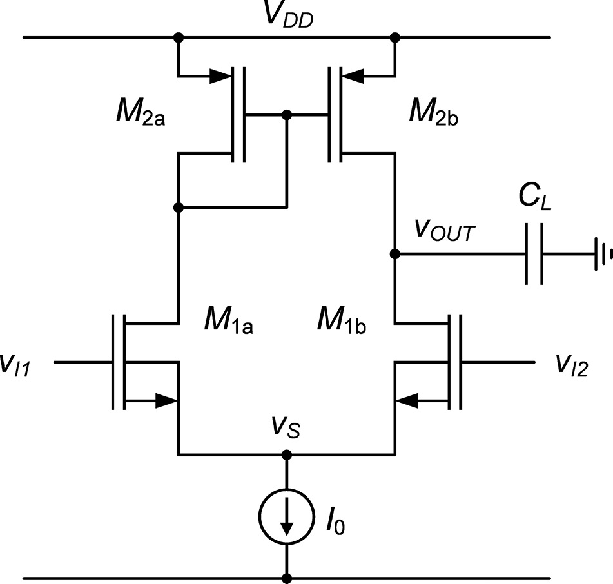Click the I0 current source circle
287,518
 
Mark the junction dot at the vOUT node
395,255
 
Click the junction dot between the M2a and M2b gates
287,115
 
